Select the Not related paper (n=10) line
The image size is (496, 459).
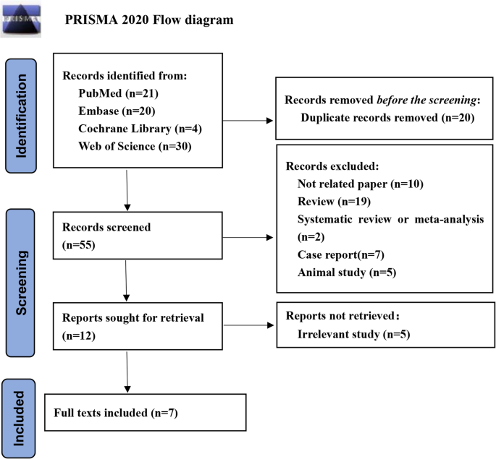[x=360, y=184]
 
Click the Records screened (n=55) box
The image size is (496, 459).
[x=138, y=235]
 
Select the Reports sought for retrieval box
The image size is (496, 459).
[x=138, y=325]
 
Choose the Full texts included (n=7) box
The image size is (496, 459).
[x=145, y=414]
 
